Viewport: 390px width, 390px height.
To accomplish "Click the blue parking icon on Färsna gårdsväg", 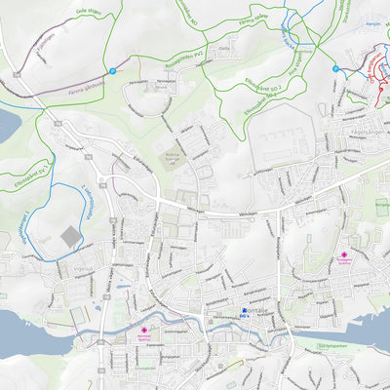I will [113, 70].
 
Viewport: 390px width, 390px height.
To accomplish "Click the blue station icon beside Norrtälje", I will [244, 311].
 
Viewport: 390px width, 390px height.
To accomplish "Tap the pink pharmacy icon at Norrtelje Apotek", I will [145, 331].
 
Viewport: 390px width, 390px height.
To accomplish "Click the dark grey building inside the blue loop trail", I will [70, 237].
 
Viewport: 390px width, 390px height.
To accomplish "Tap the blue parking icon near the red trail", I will [335, 69].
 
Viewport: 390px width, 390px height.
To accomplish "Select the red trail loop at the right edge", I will [375, 73].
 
